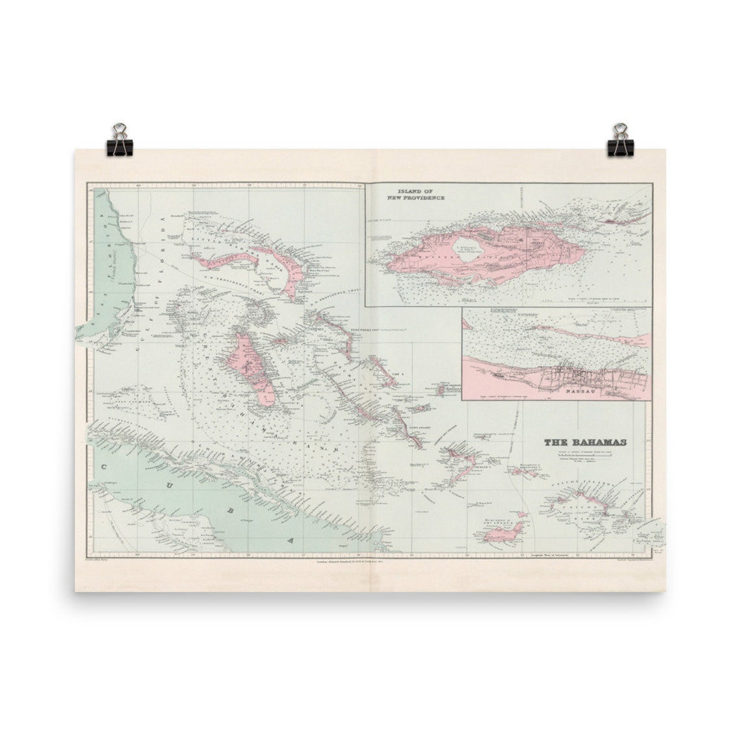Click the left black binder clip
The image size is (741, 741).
(x=120, y=141)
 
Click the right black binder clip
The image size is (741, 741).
(x=620, y=141)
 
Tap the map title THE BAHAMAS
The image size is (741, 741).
(x=585, y=443)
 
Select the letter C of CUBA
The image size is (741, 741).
(x=103, y=465)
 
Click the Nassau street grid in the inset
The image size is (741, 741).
(x=578, y=377)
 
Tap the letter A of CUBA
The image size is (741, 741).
(x=292, y=539)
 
